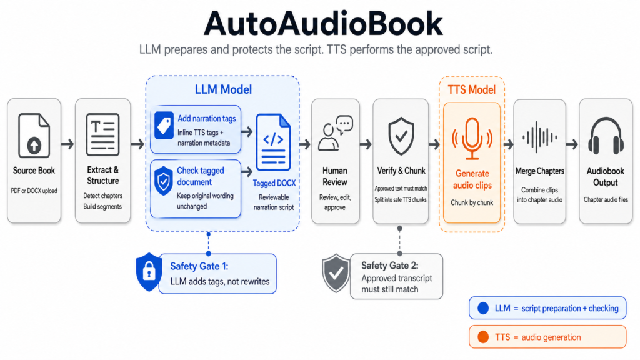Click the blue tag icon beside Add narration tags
[164, 125]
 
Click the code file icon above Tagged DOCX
[274, 142]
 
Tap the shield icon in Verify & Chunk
[400, 136]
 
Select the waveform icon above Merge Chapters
[539, 137]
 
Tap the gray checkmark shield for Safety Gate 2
[336, 274]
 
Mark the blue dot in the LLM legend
[483, 308]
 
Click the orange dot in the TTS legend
[483, 337]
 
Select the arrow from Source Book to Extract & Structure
[67, 144]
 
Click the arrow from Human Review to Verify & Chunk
[366, 144]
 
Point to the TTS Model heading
[472, 89]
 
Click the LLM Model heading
[223, 89]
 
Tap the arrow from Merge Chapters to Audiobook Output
[571, 144]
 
